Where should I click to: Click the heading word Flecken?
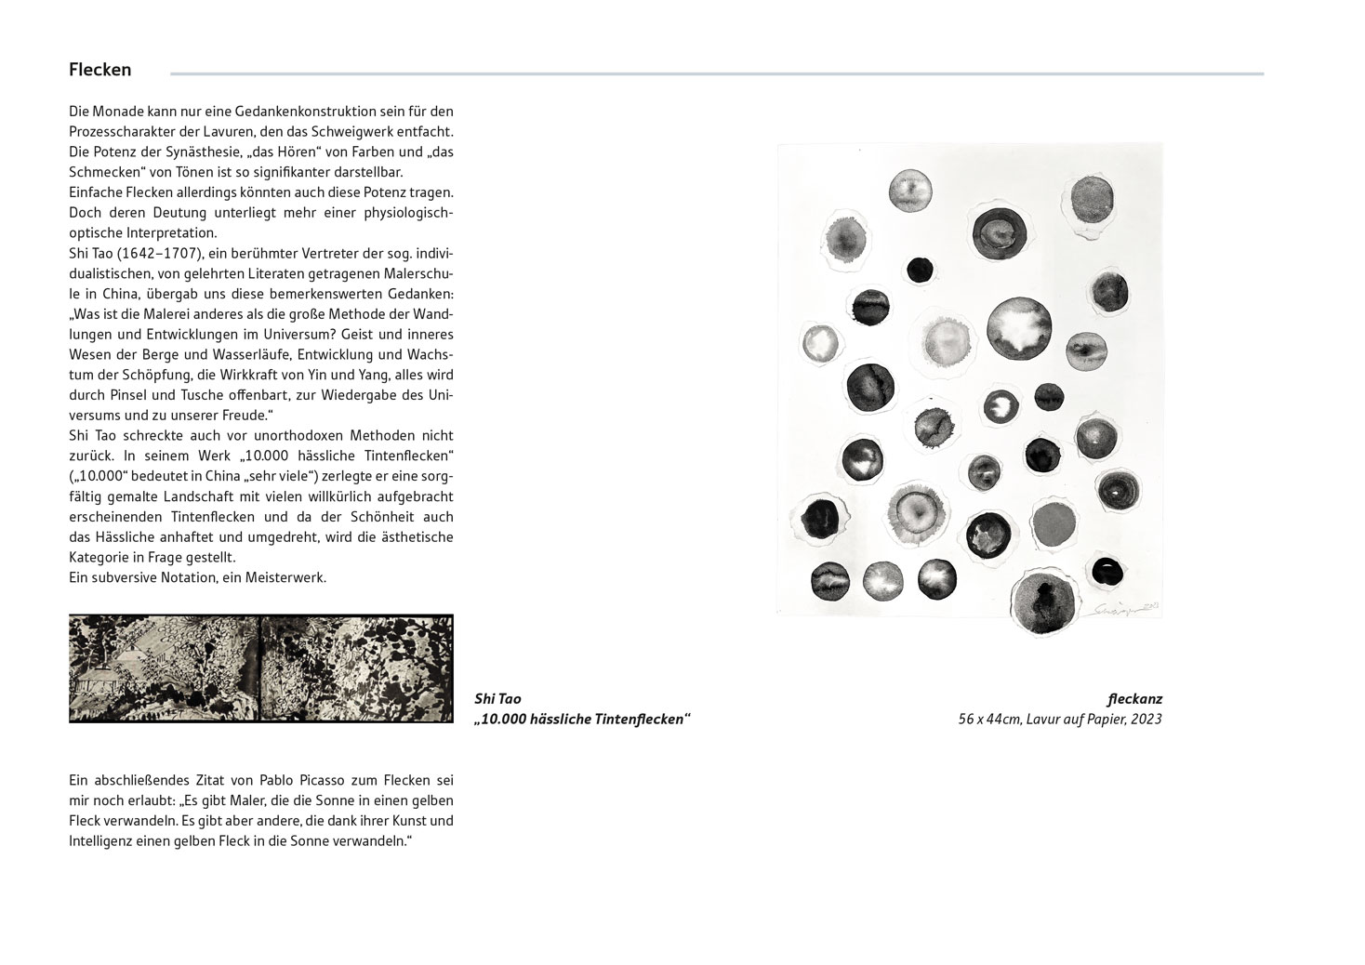(99, 70)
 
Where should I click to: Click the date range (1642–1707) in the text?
(158, 253)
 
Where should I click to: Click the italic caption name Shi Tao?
(497, 699)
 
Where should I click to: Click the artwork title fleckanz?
(1134, 699)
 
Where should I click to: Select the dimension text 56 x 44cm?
(989, 720)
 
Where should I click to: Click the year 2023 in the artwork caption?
(1146, 720)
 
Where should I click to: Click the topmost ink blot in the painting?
(910, 190)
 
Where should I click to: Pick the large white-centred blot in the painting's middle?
(1018, 327)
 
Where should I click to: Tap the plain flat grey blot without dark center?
(1053, 526)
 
